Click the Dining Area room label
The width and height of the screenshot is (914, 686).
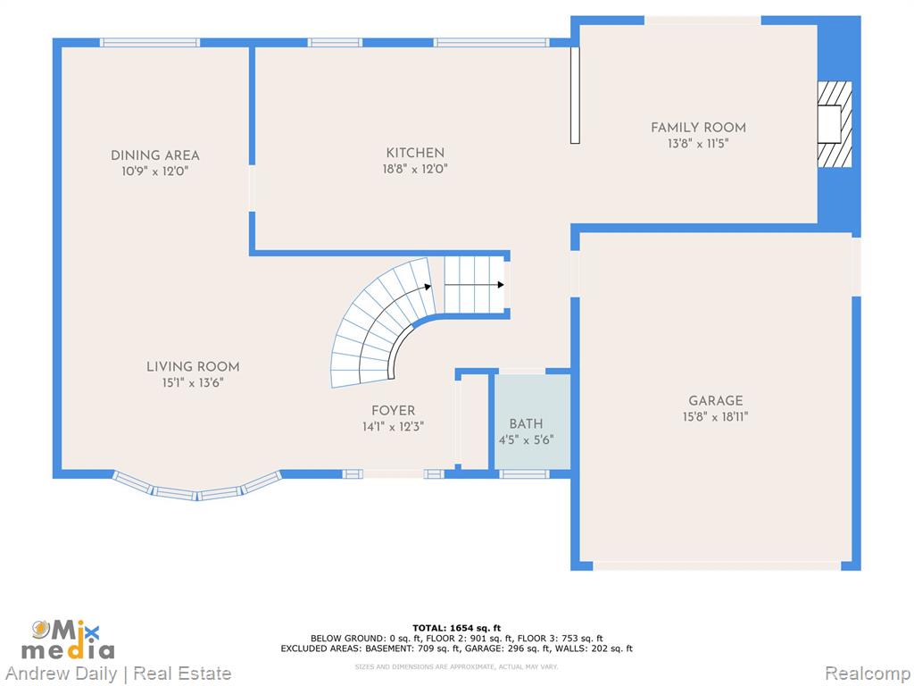pyautogui.click(x=155, y=155)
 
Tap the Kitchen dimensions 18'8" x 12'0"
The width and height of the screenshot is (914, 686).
pyautogui.click(x=415, y=170)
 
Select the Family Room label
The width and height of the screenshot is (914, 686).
pyautogui.click(x=698, y=127)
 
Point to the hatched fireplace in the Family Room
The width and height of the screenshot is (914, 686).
pyautogui.click(x=835, y=124)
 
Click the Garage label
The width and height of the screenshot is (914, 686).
pyautogui.click(x=716, y=401)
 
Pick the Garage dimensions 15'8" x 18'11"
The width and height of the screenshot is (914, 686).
pyautogui.click(x=716, y=417)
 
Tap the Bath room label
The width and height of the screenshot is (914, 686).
pyautogui.click(x=526, y=424)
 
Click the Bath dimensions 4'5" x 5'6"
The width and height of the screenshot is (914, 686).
pyautogui.click(x=526, y=439)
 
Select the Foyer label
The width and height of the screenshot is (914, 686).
pyautogui.click(x=394, y=411)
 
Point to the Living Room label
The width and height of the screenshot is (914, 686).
pyautogui.click(x=193, y=367)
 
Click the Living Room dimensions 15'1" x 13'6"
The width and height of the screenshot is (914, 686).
pyautogui.click(x=193, y=382)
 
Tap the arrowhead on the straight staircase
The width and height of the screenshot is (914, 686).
pyautogui.click(x=501, y=285)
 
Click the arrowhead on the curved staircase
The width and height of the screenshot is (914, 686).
pyautogui.click(x=428, y=287)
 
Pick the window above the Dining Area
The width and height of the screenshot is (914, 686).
pyautogui.click(x=150, y=43)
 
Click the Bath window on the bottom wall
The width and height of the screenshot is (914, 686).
pyautogui.click(x=525, y=473)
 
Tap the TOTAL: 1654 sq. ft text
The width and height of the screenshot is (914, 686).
pyautogui.click(x=457, y=628)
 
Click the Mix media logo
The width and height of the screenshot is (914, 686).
pyautogui.click(x=68, y=640)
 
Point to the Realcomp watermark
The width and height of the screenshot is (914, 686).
pyautogui.click(x=868, y=673)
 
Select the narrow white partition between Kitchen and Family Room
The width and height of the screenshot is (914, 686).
pyautogui.click(x=575, y=95)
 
